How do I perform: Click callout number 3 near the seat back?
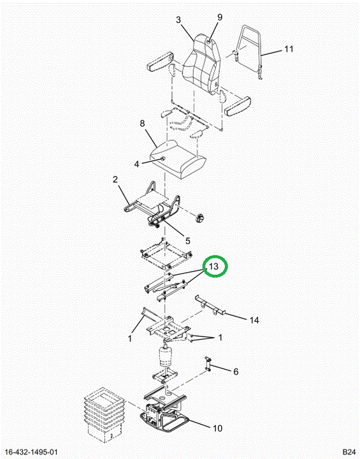[x=178, y=20]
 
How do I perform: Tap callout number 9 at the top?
[x=220, y=17]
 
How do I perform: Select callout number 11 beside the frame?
[x=289, y=49]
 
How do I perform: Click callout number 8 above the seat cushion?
[x=142, y=124]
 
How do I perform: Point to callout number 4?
[x=137, y=164]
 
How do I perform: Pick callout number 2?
[x=115, y=179]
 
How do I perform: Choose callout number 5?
[x=187, y=240]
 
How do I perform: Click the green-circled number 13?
[x=214, y=266]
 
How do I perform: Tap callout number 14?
[x=254, y=320]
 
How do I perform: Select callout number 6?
[x=236, y=372]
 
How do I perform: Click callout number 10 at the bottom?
[x=217, y=428]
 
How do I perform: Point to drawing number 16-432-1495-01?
[x=31, y=452]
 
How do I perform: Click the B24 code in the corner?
[x=349, y=452]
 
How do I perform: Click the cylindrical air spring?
[x=166, y=356]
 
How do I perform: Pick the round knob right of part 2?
[x=200, y=219]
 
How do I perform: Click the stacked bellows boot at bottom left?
[x=104, y=416]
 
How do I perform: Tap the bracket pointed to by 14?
[x=211, y=306]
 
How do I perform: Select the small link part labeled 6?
[x=208, y=364]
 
